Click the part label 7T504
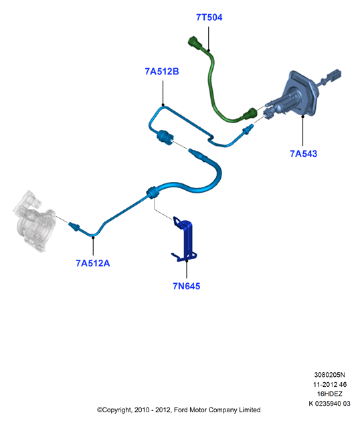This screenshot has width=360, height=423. [209, 17]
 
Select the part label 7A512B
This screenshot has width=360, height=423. [162, 72]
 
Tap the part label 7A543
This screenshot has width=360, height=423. [303, 154]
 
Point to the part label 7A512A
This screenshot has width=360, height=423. [93, 263]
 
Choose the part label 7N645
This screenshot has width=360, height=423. [186, 286]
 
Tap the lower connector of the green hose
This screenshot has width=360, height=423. [250, 113]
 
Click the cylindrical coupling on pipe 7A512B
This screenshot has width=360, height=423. [165, 137]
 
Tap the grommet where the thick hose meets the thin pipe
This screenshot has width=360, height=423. [153, 192]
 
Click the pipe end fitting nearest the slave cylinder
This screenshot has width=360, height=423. [74, 226]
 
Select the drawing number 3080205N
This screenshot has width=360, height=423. [329, 375]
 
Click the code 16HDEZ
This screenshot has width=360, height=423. [329, 394]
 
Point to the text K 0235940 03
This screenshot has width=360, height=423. [329, 404]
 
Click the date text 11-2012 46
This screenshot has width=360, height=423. [329, 384]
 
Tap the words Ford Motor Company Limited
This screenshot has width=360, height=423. [217, 410]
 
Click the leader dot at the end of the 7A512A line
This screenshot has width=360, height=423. [93, 238]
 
